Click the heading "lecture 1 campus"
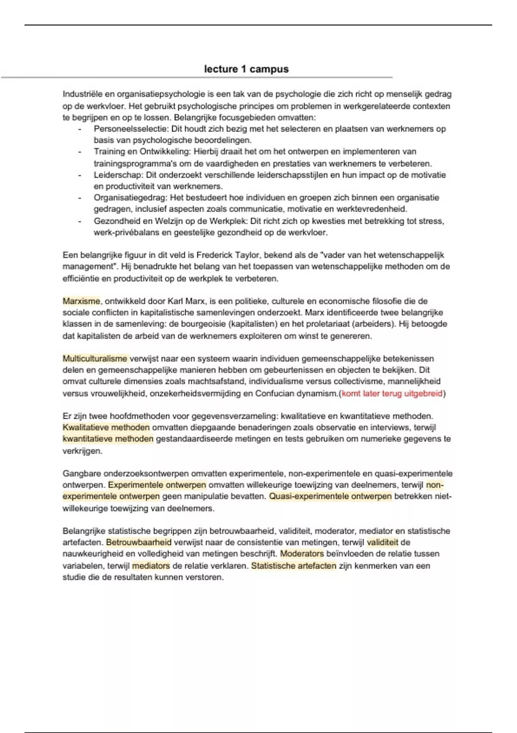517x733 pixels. click(x=246, y=69)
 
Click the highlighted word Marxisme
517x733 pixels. click(x=81, y=301)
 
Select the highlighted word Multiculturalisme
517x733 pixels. click(x=95, y=358)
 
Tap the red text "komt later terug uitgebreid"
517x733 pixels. click(x=392, y=393)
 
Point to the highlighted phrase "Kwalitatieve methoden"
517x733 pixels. click(x=106, y=427)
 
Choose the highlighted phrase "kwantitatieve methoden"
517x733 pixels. click(x=108, y=439)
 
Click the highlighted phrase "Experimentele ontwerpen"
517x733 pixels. click(x=157, y=485)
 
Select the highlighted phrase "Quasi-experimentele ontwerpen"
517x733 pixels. click(x=330, y=496)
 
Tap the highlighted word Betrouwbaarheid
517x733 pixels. click(x=139, y=542)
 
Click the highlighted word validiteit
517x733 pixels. click(x=382, y=542)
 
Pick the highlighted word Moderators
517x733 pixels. click(x=302, y=554)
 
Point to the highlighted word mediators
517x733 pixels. click(x=151, y=566)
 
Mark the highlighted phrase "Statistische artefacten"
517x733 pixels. click(x=293, y=566)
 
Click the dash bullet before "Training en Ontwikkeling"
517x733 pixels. click(x=80, y=152)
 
